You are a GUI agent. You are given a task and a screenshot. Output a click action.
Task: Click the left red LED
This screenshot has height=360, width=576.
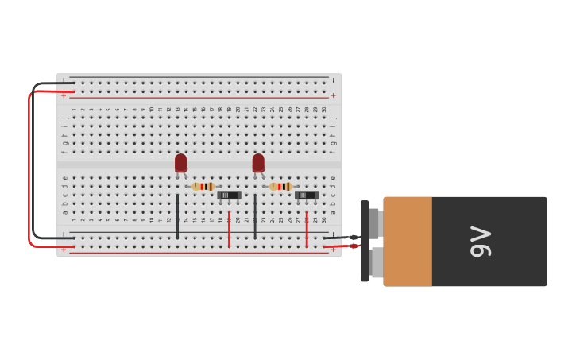coord(181,163)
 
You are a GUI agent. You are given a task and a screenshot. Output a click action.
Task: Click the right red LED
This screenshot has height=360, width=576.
coord(258,163)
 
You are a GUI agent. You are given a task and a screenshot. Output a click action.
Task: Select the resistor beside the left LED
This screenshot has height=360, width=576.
coord(203,186)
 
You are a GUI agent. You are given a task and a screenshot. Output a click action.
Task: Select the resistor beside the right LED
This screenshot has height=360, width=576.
coord(280,186)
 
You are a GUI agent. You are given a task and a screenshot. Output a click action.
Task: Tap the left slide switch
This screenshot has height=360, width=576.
coord(229,195)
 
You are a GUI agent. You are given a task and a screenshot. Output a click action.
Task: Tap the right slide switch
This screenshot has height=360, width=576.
coord(306,195)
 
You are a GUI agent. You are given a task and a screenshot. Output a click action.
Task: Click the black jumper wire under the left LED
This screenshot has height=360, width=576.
coord(177,216)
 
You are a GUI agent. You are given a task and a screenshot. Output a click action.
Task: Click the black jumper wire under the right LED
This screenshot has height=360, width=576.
coord(255,216)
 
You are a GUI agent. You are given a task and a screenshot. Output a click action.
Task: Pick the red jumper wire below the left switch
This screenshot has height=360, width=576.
coord(229,229)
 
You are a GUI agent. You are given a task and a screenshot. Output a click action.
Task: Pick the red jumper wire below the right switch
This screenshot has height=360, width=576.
coord(307,229)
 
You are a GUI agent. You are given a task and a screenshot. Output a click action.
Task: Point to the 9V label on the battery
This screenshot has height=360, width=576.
coord(481,242)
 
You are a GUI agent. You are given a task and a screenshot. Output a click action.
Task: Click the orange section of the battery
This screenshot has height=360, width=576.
coord(408,242)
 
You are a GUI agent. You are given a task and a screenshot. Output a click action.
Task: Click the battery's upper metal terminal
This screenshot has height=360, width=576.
coord(375,223)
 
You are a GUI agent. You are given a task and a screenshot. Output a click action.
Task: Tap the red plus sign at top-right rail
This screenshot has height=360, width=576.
coord(334,95)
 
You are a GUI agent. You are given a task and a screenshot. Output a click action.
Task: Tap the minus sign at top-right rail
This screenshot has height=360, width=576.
coord(334,80)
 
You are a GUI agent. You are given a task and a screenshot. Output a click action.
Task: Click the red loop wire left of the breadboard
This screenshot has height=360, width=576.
coord(29,167)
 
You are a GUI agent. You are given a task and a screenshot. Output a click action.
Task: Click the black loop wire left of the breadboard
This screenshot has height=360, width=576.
coord(34,159)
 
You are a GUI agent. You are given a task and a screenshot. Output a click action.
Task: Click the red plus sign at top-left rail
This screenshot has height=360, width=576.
coord(64,95)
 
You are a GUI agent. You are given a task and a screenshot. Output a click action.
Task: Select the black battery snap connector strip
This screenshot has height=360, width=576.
coord(365,241)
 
